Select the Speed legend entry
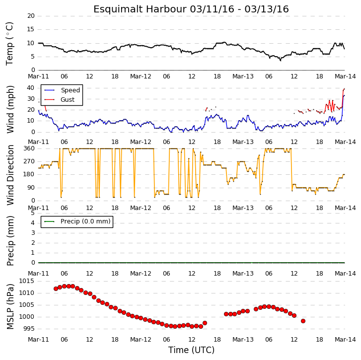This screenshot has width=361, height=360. pos(62,90)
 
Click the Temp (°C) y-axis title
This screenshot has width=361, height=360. pos(9,44)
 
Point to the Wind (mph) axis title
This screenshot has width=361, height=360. pos(10,109)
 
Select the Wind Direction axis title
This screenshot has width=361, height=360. pos(10,175)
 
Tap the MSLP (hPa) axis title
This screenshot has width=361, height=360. pos(10,306)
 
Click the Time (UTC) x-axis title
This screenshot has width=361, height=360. pos(191,350)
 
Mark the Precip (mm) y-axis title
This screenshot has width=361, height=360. pos(10,241)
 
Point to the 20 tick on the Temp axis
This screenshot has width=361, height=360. pos(31,16)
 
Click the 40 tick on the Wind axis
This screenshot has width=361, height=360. pos(31,88)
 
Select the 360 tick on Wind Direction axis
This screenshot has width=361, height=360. pos(29,148)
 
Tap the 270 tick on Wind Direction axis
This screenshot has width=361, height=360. pos(29,161)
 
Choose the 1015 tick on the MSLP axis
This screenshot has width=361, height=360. pos(26,281)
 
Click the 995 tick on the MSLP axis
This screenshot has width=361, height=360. pos(28,329)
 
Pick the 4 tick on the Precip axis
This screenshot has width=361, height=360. pos(33,223)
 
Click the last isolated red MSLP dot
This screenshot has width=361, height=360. pos(303,321)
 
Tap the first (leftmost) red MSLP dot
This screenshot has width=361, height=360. pos(56,288)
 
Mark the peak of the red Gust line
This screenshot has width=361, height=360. pos(344,89)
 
